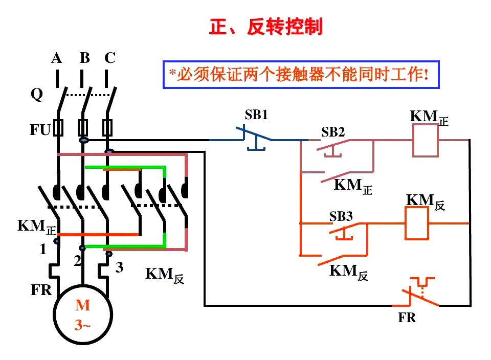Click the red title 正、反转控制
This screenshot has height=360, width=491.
[x=266, y=27]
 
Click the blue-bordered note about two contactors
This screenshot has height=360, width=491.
[x=301, y=75]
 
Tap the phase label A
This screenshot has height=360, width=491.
[x=56, y=58]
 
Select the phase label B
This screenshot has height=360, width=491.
[x=84, y=58]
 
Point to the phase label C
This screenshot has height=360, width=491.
[x=110, y=58]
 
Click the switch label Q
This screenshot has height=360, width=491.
[x=37, y=95]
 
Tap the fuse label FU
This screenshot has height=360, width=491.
[x=39, y=130]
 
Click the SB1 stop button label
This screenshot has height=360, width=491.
[x=256, y=115]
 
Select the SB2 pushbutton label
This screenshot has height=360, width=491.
[x=333, y=132]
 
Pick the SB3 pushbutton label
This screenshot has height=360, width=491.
[x=341, y=216]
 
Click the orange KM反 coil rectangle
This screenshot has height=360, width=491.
[x=417, y=223]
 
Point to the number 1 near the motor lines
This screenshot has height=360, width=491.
[x=43, y=250]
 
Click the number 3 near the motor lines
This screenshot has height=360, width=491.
[x=119, y=267]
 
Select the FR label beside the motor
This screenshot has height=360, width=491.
[x=41, y=290]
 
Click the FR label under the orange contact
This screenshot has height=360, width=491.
[x=407, y=318]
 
